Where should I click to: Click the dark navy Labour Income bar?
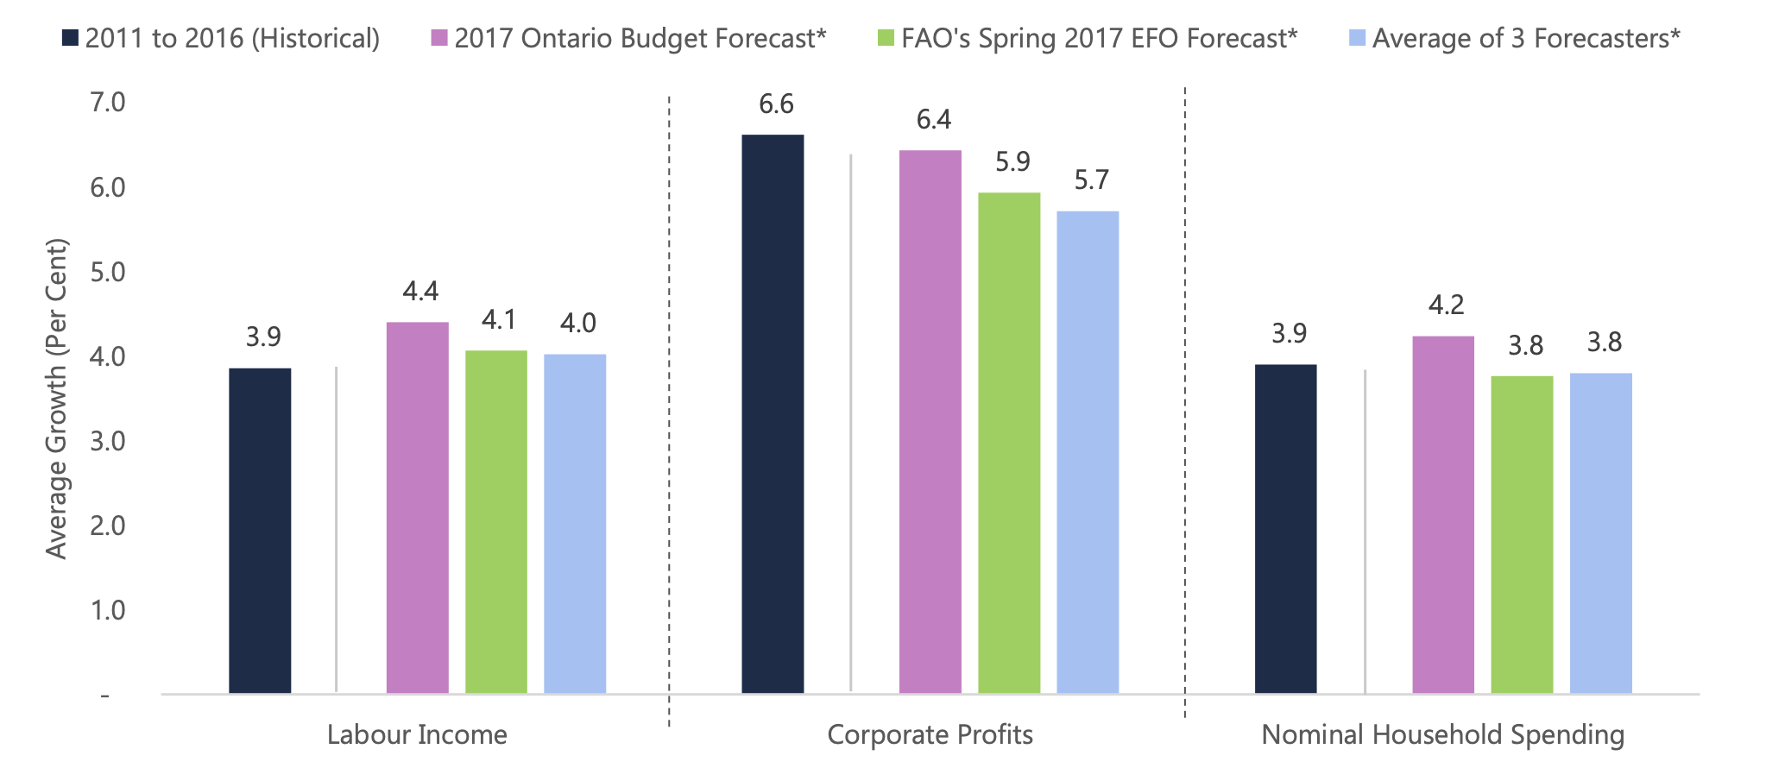coord(260,531)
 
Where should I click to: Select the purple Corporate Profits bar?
coord(930,422)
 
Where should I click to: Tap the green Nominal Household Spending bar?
coord(1522,534)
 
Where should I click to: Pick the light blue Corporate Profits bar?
coord(1088,452)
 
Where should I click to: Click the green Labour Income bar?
coord(496,522)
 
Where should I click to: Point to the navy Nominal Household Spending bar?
coord(1285,529)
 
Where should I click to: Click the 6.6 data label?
coord(776,104)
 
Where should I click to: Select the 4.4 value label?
coord(420,292)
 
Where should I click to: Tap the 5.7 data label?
coord(1091,180)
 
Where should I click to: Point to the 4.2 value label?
coord(1446,305)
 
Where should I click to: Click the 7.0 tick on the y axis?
coord(108,103)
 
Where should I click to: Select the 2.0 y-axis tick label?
coord(108,526)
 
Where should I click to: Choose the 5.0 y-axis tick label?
coord(108,272)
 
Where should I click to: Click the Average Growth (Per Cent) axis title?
coord(56,399)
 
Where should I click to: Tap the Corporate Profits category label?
coord(930,735)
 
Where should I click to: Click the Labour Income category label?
coord(417,735)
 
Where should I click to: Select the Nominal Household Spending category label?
coord(1442,735)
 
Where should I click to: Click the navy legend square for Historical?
coord(70,39)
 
